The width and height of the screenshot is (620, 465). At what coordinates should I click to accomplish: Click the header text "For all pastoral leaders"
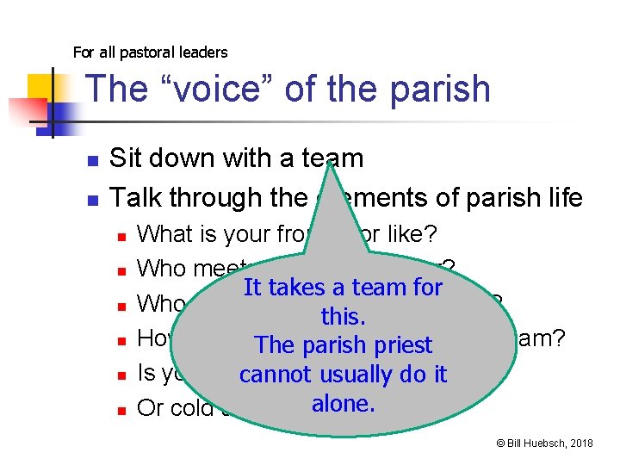151,53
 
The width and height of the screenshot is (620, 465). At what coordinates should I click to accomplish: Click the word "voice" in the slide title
192,90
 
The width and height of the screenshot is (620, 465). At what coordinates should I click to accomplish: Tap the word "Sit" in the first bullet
126,158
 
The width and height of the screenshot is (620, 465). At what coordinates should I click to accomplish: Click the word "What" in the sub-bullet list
164,233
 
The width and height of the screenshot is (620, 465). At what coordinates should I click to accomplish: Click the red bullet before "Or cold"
121,409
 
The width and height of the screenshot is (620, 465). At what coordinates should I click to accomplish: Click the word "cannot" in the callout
277,375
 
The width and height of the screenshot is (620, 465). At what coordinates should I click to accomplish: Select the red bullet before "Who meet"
121,270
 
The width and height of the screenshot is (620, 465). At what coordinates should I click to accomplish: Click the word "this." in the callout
343,316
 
